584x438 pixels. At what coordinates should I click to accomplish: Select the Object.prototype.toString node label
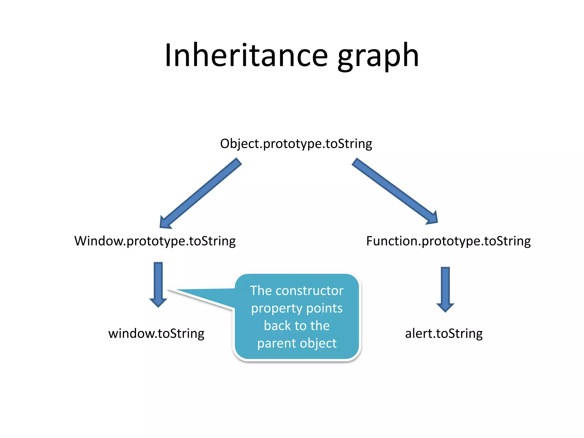click(296, 144)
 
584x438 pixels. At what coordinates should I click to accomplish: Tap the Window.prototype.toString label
click(155, 241)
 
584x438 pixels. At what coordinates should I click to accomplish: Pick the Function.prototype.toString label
click(448, 241)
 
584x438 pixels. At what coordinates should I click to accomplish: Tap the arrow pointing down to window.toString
click(158, 284)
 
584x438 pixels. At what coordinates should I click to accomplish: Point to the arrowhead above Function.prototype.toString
click(432, 218)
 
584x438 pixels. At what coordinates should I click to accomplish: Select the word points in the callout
click(324, 309)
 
